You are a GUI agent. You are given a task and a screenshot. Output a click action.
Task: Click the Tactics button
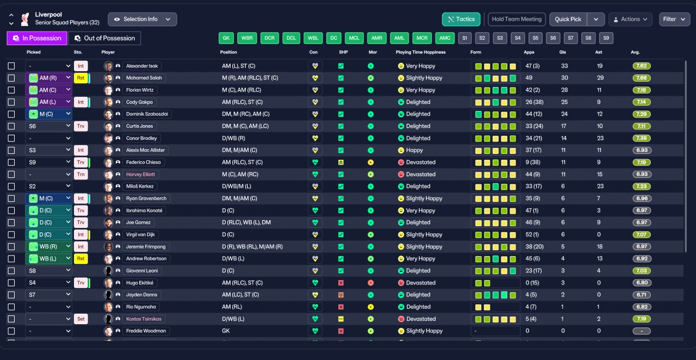pos(461,19)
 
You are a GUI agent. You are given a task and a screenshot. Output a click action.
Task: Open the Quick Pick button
pos(568,19)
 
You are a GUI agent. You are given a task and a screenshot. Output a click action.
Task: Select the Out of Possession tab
pos(104,38)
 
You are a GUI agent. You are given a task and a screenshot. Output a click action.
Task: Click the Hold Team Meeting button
pos(517,19)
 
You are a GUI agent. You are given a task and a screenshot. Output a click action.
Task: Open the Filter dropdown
pos(674,19)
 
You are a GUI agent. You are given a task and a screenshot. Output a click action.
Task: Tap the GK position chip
pos(226,38)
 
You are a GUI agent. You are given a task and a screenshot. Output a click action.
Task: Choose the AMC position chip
pos(445,38)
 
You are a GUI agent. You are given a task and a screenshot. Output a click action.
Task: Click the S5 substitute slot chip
pos(536,38)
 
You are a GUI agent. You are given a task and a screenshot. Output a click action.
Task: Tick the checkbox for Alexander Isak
pos(11,66)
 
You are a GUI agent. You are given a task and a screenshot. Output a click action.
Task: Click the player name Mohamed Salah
pos(144,78)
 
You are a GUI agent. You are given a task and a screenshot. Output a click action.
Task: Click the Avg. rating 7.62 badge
pos(642,66)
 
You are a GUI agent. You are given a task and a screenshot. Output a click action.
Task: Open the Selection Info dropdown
pos(142,19)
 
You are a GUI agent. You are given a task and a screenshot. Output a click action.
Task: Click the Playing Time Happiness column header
pos(420,52)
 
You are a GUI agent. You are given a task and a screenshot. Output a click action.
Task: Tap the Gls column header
pos(563,52)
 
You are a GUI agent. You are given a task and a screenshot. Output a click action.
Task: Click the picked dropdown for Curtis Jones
pos(48,126)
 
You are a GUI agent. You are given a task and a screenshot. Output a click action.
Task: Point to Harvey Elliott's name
pos(140,175)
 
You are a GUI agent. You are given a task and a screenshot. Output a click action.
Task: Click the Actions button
pos(630,19)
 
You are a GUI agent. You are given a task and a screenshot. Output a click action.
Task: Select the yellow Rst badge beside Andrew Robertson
pos(80,259)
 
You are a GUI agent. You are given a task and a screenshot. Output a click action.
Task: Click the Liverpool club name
pos(48,15)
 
